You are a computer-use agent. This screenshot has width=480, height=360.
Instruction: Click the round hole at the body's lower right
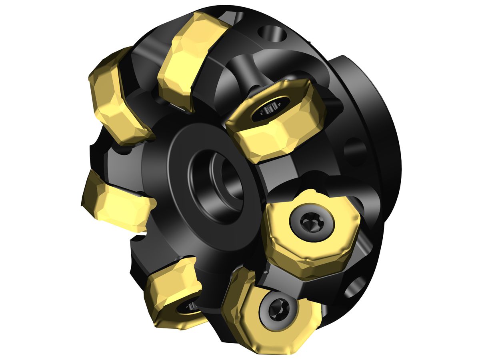point(356,286)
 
